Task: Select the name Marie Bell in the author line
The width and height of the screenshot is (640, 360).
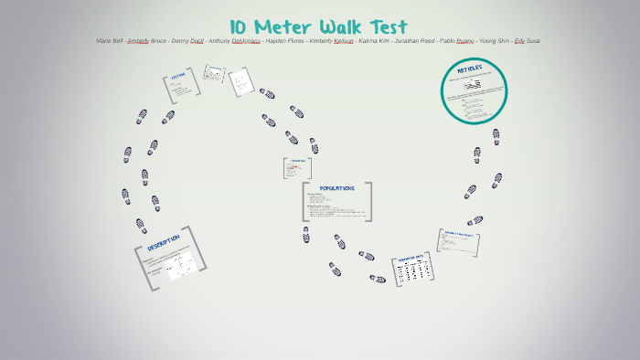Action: point(110,41)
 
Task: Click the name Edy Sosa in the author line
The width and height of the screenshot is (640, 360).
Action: point(528,41)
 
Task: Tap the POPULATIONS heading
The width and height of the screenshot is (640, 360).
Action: point(336,188)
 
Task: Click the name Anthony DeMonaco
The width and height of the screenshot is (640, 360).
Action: point(234,41)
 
